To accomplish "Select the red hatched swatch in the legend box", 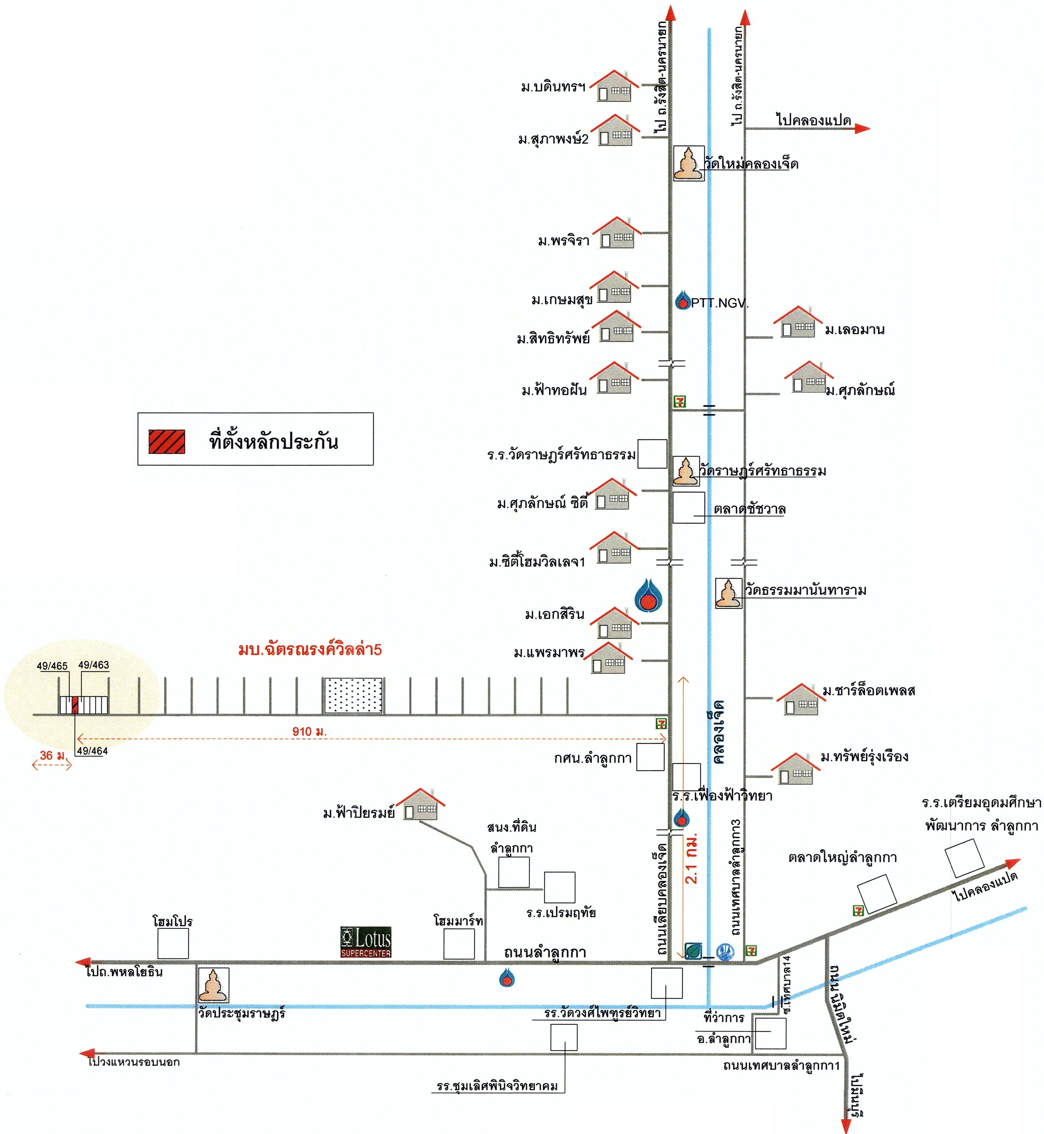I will [167, 441].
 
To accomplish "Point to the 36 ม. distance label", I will [52, 755].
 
